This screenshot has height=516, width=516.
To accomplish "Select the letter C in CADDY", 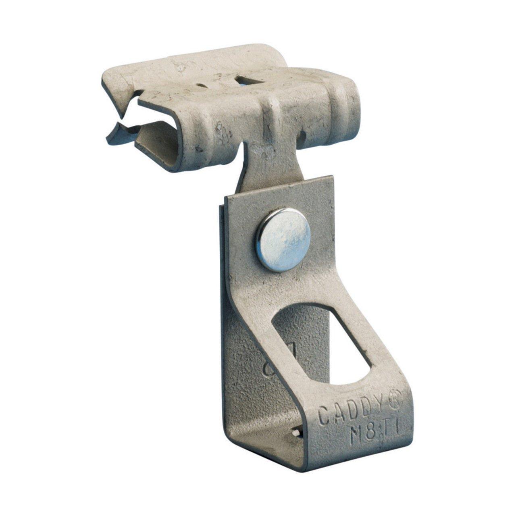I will click(324, 404).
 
